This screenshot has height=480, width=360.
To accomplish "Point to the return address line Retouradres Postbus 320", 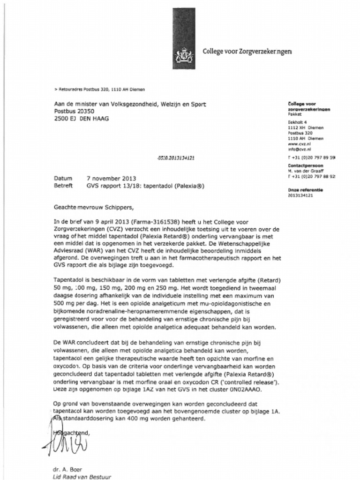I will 100,89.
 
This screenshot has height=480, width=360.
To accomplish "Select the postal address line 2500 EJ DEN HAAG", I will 82,119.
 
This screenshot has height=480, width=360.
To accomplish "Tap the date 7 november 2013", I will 111,179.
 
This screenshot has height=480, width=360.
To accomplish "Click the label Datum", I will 63,179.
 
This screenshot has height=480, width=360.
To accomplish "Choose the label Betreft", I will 64,186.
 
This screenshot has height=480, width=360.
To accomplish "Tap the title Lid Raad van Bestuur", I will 82,477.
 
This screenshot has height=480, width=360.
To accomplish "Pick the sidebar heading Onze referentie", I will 305,189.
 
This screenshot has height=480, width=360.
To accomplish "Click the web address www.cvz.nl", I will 297,144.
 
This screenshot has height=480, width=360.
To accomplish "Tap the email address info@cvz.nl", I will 297,150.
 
